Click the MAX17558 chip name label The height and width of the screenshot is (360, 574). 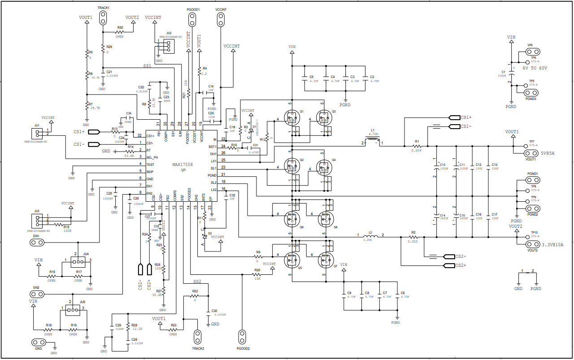(x=183, y=165)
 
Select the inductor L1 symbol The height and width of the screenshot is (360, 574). (x=372, y=142)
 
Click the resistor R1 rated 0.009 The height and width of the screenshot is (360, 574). (x=417, y=146)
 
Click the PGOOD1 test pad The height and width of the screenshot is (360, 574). (x=192, y=19)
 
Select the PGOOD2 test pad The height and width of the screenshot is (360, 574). (x=243, y=336)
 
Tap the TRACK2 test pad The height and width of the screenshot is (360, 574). (x=198, y=336)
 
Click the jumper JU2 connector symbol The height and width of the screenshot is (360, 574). (x=167, y=46)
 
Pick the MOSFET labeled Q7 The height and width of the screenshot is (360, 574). (x=326, y=259)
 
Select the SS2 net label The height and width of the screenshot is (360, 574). (x=197, y=282)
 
